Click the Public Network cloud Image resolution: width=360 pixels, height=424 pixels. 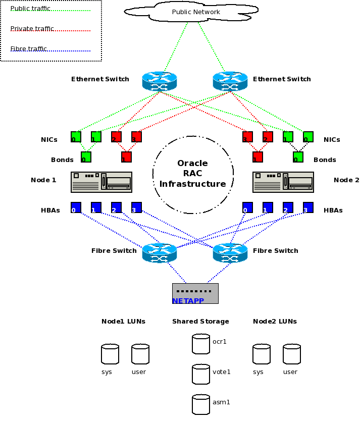coord(195,12)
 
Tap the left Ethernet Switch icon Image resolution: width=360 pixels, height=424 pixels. coord(159,81)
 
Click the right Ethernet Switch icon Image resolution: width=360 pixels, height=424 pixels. coord(230,81)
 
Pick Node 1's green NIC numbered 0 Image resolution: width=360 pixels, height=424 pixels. coord(76,137)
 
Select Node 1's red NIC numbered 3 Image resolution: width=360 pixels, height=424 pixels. coord(136,137)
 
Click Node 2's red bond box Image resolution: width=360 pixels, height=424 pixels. coord(258,157)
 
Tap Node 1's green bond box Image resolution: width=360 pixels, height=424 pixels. coord(86,157)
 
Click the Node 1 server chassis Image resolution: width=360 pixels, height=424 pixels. coord(101,182)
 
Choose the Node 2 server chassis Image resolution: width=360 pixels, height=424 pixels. coord(283,182)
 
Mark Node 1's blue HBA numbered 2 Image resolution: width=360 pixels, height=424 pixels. coord(116,207)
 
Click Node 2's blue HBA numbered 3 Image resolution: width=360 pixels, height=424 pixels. coord(308,207)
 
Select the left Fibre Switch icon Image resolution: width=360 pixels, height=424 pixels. coord(159,253)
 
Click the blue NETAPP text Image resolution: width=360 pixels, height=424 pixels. coord(188,301)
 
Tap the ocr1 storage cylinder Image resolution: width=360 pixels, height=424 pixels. coord(200,344)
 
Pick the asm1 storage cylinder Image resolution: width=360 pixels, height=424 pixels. coord(200,404)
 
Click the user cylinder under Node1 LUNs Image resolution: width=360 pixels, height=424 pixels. coord(140,354)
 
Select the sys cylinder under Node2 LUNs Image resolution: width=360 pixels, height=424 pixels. coord(261,354)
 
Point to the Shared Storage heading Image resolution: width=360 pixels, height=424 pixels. coord(200,322)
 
